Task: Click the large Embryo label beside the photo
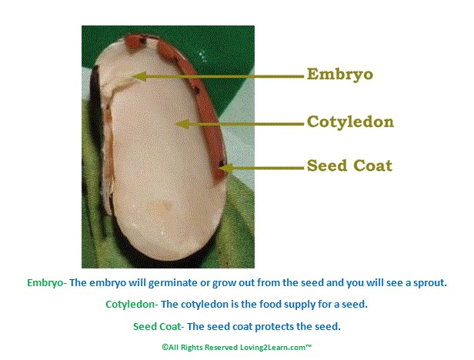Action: point(340,75)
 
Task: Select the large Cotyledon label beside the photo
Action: point(350,122)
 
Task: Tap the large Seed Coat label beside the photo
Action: point(349,165)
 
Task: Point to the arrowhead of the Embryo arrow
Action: point(140,76)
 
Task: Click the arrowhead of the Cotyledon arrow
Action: point(182,124)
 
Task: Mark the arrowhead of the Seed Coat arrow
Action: point(226,168)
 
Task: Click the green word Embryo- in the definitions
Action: point(47,283)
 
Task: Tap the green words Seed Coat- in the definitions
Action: point(159,326)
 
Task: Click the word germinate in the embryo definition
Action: point(172,283)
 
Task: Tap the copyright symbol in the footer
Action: point(165,347)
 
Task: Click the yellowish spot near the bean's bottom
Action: point(161,207)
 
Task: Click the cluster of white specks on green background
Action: point(202,55)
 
